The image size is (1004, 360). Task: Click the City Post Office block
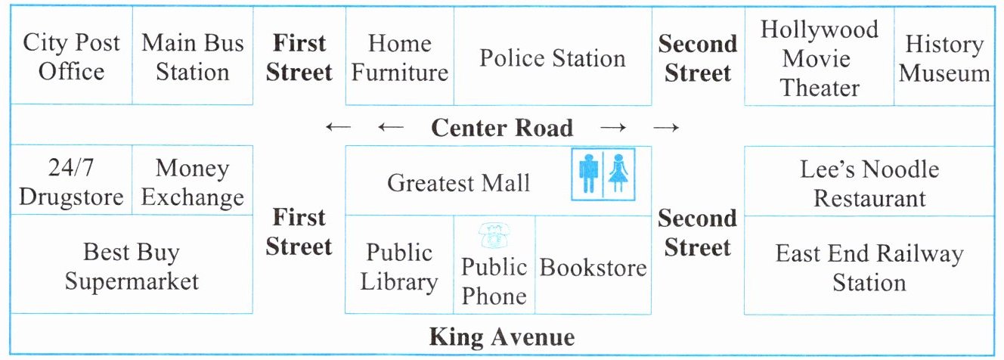point(72,57)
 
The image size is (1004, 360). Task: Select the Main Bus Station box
point(193,57)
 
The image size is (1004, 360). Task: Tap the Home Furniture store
point(400,57)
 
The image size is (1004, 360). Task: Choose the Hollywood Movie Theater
point(820,59)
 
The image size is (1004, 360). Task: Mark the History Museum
point(944,58)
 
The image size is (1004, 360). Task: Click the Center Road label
point(502,128)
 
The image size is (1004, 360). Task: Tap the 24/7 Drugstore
point(71,182)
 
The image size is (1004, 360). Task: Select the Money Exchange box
point(193,182)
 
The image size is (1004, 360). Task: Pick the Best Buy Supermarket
point(132,266)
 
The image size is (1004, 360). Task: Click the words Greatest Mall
point(458,183)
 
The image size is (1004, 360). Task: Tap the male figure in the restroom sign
point(588,174)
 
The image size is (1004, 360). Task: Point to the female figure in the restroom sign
point(618,174)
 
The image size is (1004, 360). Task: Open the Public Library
point(399,267)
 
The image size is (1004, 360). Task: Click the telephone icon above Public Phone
point(494,236)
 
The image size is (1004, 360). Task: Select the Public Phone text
point(494,281)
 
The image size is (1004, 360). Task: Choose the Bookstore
point(593,267)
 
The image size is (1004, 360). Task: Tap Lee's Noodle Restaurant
point(869,184)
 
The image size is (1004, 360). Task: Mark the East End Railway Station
point(869,268)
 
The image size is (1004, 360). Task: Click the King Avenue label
point(502,337)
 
